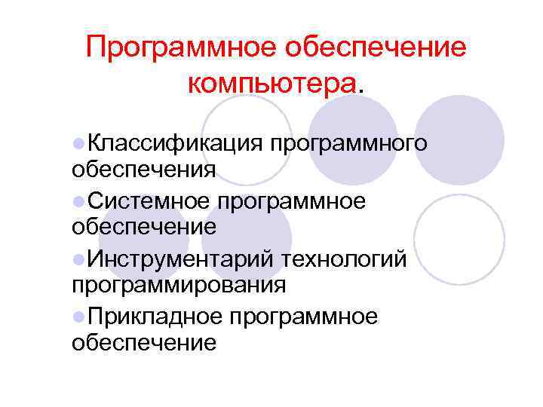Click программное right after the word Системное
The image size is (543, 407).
pos(292,202)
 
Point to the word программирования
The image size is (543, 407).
pos(179,286)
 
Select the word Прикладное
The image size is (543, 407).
pos(152,318)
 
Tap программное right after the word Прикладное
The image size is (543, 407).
pos(303,319)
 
